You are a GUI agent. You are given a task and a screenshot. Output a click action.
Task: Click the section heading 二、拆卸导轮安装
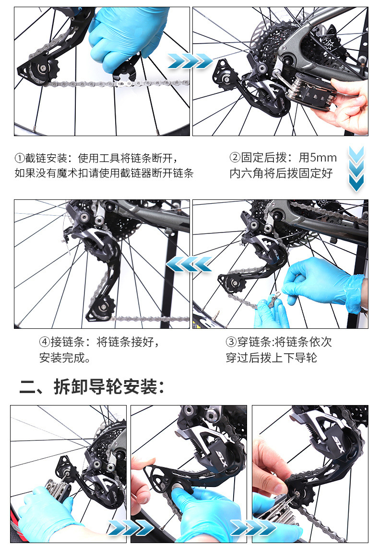(x=92, y=386)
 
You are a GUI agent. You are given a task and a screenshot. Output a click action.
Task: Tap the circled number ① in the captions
(x=20, y=158)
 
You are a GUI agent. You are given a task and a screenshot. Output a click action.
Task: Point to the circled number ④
(x=45, y=342)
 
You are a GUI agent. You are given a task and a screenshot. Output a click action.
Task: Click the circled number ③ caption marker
(x=231, y=342)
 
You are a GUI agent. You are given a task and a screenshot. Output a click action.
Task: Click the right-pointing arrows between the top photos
(x=190, y=61)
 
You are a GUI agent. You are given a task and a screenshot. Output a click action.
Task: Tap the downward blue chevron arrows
(x=356, y=169)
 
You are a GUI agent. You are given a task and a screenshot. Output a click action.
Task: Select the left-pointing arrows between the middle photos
(x=189, y=264)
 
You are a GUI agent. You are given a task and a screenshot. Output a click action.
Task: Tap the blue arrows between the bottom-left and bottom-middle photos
(x=130, y=528)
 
